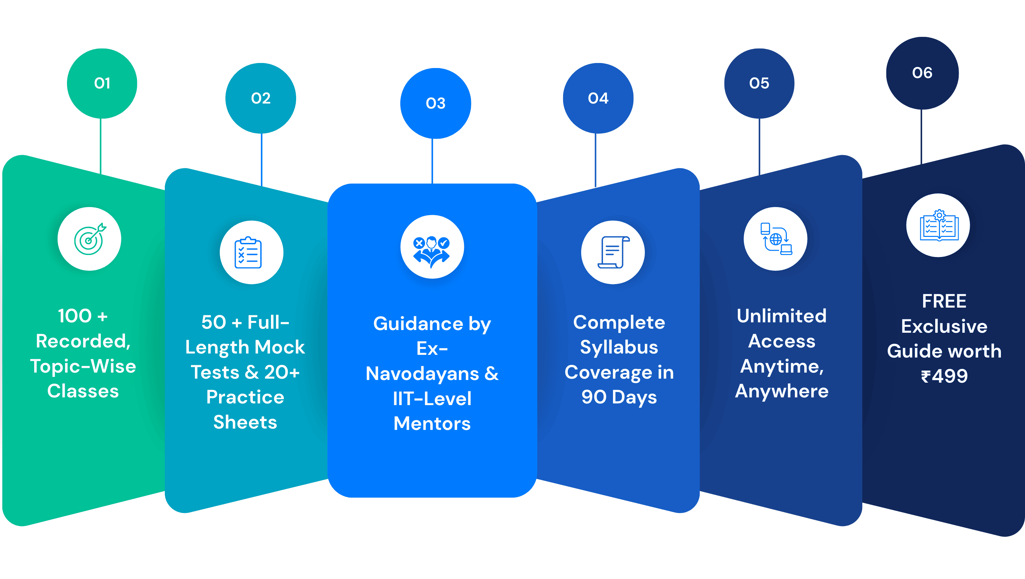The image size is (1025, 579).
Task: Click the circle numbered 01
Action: coord(102,83)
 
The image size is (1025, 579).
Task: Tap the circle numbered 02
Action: coord(261,98)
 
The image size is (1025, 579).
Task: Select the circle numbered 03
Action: coord(435,104)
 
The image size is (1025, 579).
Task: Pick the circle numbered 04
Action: coord(598,98)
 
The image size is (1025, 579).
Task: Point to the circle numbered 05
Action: coord(759,83)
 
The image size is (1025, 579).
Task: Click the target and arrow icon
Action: coord(89,239)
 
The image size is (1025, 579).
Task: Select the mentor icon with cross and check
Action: coord(432,247)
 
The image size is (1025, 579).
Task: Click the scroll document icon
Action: coord(613,252)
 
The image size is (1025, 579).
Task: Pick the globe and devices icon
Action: coord(775,239)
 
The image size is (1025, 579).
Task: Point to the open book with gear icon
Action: coord(938,225)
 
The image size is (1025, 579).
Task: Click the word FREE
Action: coord(944,301)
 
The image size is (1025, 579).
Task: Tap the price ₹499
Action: coord(944,376)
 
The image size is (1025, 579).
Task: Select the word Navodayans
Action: coord(422,374)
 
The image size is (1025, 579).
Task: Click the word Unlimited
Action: coord(781,316)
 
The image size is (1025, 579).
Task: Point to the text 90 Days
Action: coord(619,397)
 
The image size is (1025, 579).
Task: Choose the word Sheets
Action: coord(245,422)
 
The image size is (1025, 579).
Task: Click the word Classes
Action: coord(83,391)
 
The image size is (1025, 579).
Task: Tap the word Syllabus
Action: coord(619,347)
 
